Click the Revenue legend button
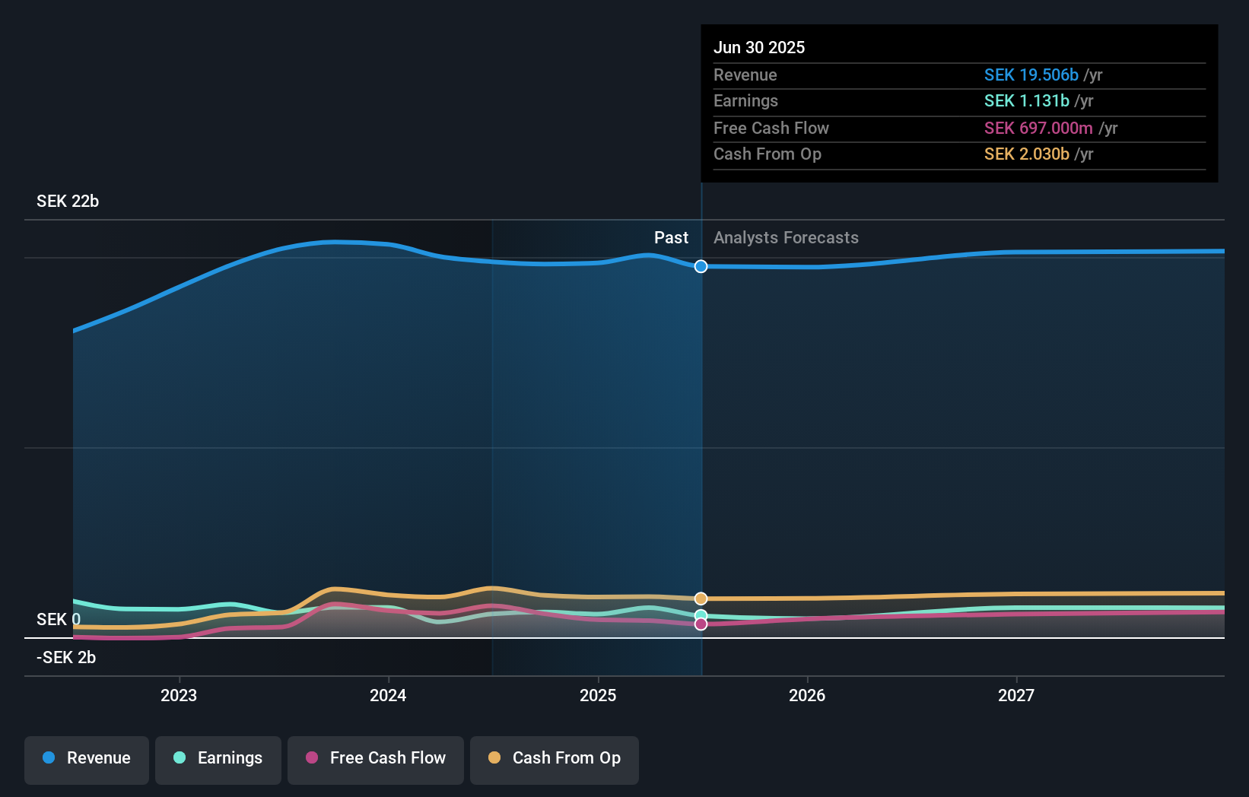coord(87,759)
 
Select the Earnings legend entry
coord(218,759)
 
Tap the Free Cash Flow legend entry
coord(376,759)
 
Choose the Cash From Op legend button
coord(555,759)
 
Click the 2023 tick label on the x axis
coord(179,696)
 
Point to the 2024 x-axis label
coord(388,696)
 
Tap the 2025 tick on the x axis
coord(598,696)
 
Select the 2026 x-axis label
coord(807,696)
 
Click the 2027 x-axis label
coord(1016,696)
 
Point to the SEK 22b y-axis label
coord(68,202)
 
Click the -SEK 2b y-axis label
coord(66,658)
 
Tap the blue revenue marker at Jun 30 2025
coord(701,266)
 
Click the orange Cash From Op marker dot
coord(701,599)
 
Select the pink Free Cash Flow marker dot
coord(701,624)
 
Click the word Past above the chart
coord(671,238)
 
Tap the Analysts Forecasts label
coord(786,238)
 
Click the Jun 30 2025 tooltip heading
coord(759,48)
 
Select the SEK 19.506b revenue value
coord(1031,75)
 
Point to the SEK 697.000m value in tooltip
coord(1038,129)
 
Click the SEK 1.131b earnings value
coord(1026,101)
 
